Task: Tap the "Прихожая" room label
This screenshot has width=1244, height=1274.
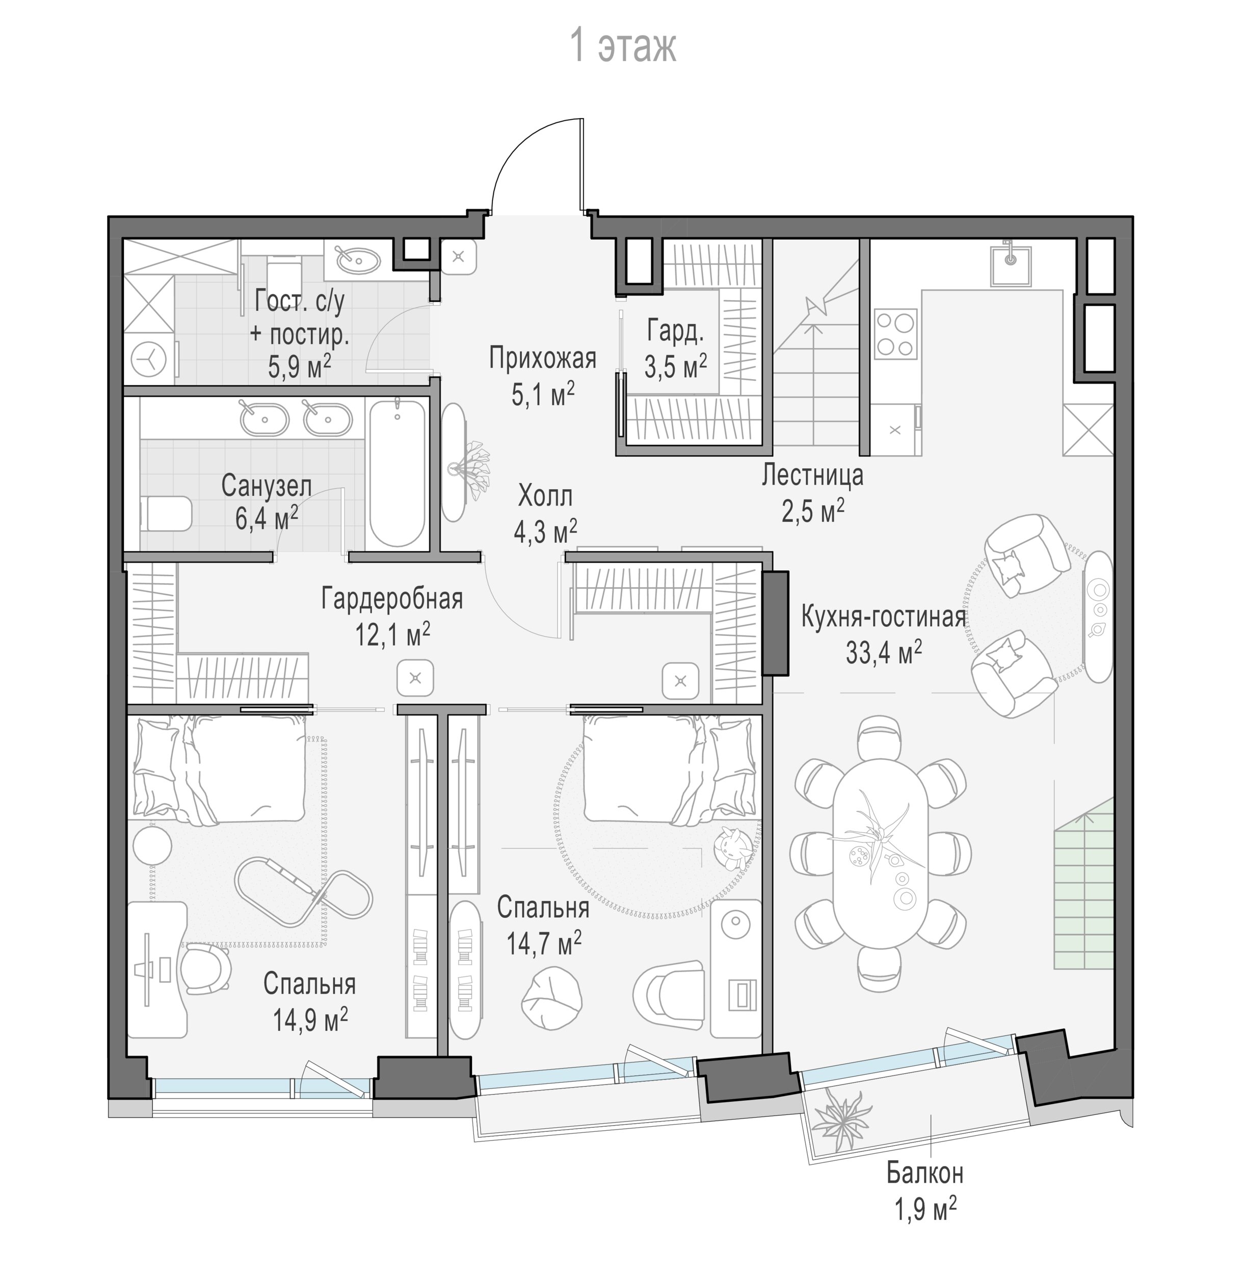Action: click(543, 359)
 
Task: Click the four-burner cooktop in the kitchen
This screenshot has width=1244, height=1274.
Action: click(894, 334)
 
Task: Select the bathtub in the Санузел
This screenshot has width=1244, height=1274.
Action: click(397, 473)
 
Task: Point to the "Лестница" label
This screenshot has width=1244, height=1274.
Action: click(812, 475)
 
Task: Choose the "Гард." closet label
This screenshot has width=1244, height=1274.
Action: click(676, 332)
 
